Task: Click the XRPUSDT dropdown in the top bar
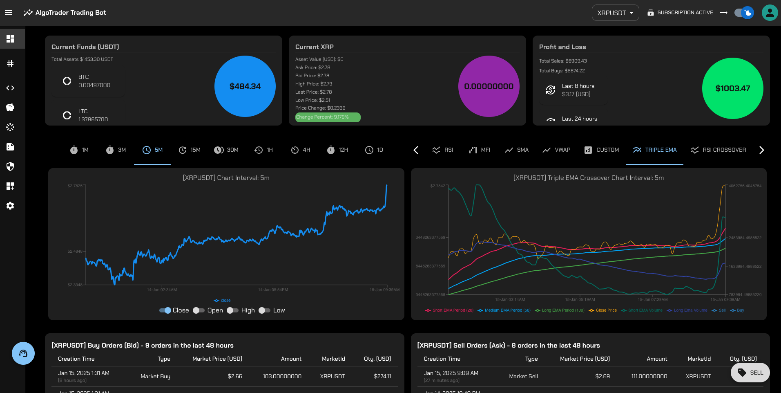click(615, 13)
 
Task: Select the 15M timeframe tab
click(190, 150)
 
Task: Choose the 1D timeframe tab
click(374, 150)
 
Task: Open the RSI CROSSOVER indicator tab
click(719, 150)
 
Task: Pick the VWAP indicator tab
click(556, 150)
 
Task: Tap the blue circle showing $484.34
click(245, 86)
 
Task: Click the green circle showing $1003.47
click(732, 88)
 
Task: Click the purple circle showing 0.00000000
click(489, 86)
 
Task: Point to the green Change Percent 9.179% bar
click(328, 117)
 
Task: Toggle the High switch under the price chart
click(232, 310)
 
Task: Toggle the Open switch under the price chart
click(199, 310)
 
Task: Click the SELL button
click(750, 373)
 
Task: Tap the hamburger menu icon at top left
click(9, 13)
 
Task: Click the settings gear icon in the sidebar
click(10, 206)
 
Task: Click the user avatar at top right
click(770, 13)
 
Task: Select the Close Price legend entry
click(603, 310)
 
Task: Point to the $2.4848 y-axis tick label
click(75, 252)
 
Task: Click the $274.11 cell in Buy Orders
click(382, 376)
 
